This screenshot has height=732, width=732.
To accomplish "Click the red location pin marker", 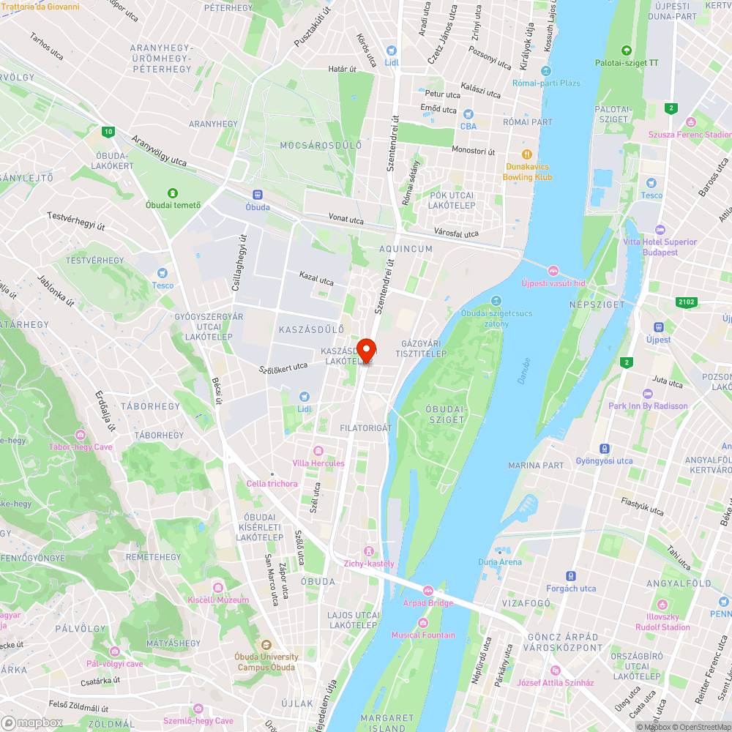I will (366, 349).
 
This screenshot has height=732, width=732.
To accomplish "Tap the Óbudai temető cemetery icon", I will (173, 193).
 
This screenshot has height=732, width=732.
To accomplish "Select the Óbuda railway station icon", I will (257, 195).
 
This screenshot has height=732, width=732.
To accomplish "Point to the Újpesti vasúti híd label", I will (553, 283).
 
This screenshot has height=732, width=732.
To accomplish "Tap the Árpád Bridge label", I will (428, 602).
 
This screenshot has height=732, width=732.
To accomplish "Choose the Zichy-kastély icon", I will (369, 550).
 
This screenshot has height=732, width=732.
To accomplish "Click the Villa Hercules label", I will (318, 463).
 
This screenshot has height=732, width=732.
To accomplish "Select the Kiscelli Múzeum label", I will (218, 600).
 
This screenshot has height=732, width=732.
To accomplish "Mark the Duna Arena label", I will (500, 562).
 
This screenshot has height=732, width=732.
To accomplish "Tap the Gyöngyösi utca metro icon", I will (604, 449).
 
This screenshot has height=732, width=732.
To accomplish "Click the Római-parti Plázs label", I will (546, 83).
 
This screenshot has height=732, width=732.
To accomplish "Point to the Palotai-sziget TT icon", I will (626, 51).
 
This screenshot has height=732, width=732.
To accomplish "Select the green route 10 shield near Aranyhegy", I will (108, 132).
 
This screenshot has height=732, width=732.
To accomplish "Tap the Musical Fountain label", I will (422, 635).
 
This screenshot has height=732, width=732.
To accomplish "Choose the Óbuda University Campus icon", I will (265, 646).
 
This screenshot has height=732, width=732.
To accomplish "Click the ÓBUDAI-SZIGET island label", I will (445, 414).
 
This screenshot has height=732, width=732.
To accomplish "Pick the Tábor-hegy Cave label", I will (81, 447).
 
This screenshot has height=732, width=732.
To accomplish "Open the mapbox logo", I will (32, 722).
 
